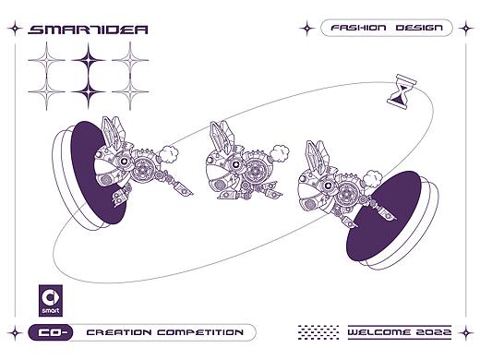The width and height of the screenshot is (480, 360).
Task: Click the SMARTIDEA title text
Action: [88, 30]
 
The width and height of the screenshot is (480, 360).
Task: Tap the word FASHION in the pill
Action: [358, 28]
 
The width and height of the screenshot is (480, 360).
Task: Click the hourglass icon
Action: [402, 91]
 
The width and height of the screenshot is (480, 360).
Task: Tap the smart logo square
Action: [51, 300]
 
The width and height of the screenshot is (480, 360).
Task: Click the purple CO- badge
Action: [51, 332]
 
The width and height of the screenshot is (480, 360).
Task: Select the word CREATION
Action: [119, 332]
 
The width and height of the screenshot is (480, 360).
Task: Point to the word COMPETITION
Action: [200, 332]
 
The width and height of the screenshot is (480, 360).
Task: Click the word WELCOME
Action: [378, 332]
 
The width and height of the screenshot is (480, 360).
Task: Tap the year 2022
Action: [434, 332]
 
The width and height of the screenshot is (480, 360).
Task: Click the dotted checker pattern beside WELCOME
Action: [318, 332]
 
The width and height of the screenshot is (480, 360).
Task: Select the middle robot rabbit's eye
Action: [235, 164]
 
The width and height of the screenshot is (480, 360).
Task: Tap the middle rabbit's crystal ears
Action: [221, 137]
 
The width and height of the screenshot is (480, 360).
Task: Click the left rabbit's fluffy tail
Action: [169, 154]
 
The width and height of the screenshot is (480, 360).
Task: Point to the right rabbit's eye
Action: [329, 185]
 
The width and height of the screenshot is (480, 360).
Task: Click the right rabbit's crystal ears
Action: [317, 157]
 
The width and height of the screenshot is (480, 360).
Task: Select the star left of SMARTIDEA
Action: [15, 29]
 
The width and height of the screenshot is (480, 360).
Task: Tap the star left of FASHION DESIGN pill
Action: [306, 29]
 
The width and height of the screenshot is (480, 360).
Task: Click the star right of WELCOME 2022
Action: [466, 333]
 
